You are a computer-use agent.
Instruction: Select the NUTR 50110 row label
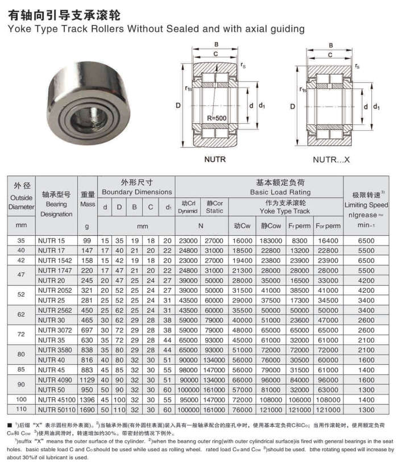pos(56,409)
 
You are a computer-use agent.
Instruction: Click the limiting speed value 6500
pos(367,241)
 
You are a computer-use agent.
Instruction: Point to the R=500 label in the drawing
pos(217,118)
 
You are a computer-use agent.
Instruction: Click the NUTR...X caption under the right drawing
pos(331,160)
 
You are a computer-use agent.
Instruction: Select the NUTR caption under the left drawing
pos(215,159)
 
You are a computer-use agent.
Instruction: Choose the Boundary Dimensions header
pos(136,193)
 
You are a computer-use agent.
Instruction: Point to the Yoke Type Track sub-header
pos(285,211)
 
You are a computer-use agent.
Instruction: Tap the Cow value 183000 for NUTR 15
pos(271,241)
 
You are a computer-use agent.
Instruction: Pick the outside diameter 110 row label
pos(21,409)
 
